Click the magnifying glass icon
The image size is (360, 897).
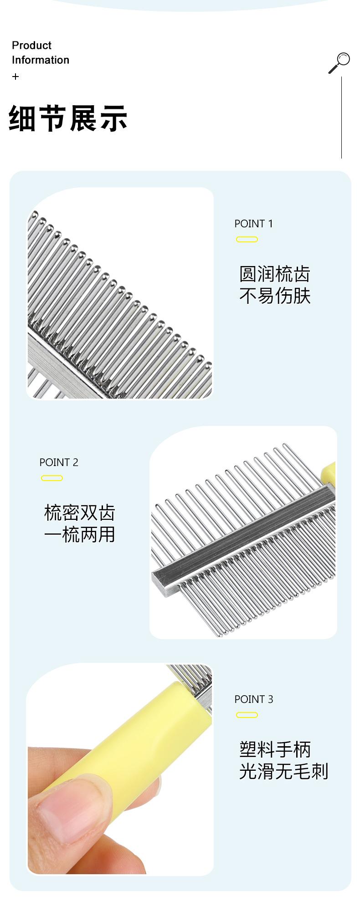[x=339, y=62]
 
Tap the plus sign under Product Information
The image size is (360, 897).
[x=15, y=77]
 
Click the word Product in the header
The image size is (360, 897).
[x=31, y=46]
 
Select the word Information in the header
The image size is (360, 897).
[x=41, y=60]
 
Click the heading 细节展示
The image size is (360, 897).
[x=68, y=118]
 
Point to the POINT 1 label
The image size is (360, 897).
[x=253, y=224]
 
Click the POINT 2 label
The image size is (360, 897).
[x=59, y=462]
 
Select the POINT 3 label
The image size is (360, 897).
[x=253, y=699]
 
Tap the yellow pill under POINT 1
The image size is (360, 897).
[x=247, y=240]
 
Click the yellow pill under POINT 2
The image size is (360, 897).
[x=52, y=478]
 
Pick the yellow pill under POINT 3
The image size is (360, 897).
[x=247, y=715]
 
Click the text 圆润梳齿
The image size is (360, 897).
[x=275, y=274]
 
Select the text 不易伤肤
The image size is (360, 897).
[x=275, y=296]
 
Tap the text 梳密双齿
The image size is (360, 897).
[x=80, y=513]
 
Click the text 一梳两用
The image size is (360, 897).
[x=80, y=535]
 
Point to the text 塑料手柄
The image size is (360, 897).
[x=275, y=750]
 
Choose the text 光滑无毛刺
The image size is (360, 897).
[x=283, y=772]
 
